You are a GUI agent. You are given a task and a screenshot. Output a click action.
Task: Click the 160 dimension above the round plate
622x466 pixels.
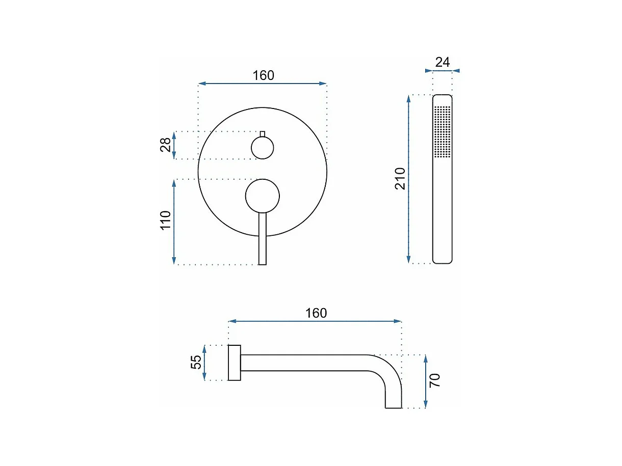263,75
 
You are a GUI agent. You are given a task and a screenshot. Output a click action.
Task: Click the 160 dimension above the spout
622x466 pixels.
316,313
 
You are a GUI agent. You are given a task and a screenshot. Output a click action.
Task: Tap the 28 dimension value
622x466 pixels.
166,145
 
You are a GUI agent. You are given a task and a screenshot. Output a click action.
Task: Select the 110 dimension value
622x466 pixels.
166,221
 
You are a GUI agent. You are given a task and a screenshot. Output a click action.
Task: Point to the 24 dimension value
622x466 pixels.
443,62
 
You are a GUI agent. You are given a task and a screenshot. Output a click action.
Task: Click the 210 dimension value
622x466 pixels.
400,179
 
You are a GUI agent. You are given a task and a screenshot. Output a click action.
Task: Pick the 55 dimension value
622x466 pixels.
196,362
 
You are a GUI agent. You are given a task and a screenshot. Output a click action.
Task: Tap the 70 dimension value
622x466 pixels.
435,380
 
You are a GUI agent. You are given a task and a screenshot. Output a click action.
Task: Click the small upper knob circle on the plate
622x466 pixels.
263,148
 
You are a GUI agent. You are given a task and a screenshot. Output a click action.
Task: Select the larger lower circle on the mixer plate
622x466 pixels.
263,196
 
